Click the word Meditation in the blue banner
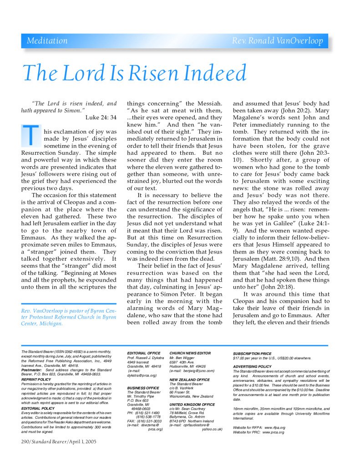(47, 41)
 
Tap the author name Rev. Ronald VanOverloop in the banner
(277, 41)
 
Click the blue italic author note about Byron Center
(68, 317)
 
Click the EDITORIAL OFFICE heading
(143, 353)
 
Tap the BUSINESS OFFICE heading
(143, 388)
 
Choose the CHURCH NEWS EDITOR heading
(190, 353)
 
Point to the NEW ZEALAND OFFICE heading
(189, 380)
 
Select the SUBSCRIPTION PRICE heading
(252, 354)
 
